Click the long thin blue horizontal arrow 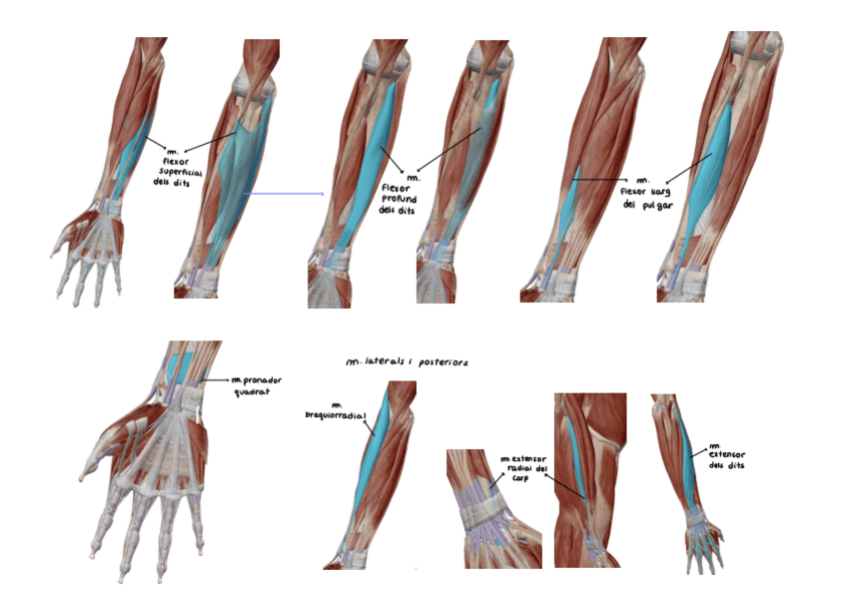coord(285,194)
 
